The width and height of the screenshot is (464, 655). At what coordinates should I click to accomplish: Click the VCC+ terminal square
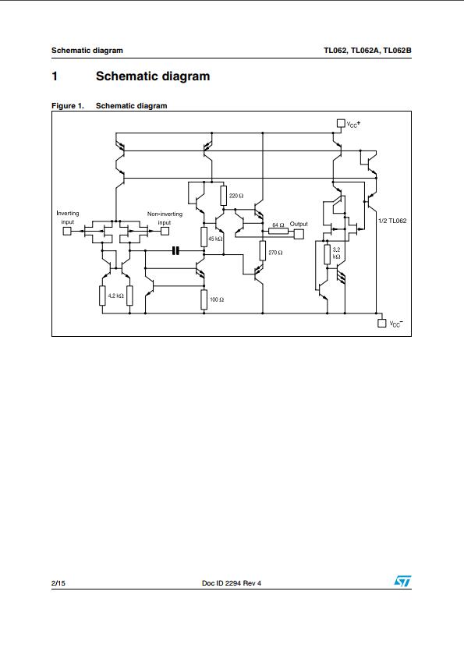pyautogui.click(x=341, y=123)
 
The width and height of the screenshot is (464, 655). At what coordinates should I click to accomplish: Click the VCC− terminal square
pyautogui.click(x=381, y=323)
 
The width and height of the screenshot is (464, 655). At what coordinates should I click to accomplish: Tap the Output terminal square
pyautogui.click(x=299, y=234)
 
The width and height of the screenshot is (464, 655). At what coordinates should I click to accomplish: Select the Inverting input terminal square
pyautogui.click(x=67, y=231)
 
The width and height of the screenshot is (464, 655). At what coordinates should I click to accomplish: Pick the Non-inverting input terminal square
pyautogui.click(x=165, y=231)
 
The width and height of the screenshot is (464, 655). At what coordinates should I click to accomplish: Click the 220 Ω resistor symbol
pyautogui.click(x=224, y=196)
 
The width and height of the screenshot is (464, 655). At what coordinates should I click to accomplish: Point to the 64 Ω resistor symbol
pyautogui.click(x=278, y=231)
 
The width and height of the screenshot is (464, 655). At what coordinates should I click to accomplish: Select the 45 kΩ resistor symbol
pyautogui.click(x=204, y=237)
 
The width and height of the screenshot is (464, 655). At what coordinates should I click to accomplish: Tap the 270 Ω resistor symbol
pyautogui.click(x=262, y=250)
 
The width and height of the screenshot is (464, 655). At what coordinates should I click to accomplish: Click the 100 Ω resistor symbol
pyautogui.click(x=204, y=299)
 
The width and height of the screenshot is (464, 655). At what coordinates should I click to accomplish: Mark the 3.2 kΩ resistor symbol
pyautogui.click(x=327, y=254)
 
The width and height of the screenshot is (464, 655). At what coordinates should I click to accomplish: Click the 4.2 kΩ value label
pyautogui.click(x=115, y=296)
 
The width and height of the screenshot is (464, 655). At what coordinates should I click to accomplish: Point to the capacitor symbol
pyautogui.click(x=175, y=250)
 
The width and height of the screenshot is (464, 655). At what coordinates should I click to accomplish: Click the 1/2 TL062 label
pyautogui.click(x=392, y=221)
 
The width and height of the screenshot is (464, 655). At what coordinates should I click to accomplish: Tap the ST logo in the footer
pyautogui.click(x=402, y=581)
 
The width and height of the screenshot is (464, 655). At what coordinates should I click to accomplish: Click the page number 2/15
pyautogui.click(x=58, y=583)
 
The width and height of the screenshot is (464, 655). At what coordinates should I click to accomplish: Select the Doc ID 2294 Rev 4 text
pyautogui.click(x=232, y=583)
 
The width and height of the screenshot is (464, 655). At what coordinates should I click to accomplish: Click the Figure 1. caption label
pyautogui.click(x=68, y=106)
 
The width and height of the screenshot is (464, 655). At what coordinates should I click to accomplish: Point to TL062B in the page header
pyautogui.click(x=397, y=51)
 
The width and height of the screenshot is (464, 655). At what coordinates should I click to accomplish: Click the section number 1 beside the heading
pyautogui.click(x=55, y=76)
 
